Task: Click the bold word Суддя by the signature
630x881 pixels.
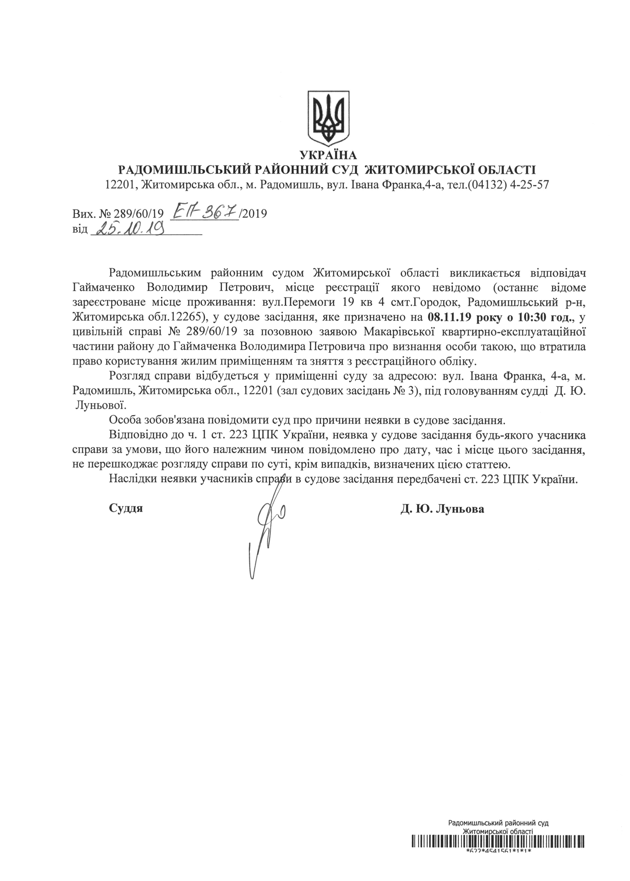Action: coord(126,508)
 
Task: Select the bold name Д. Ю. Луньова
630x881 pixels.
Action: coord(442,509)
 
